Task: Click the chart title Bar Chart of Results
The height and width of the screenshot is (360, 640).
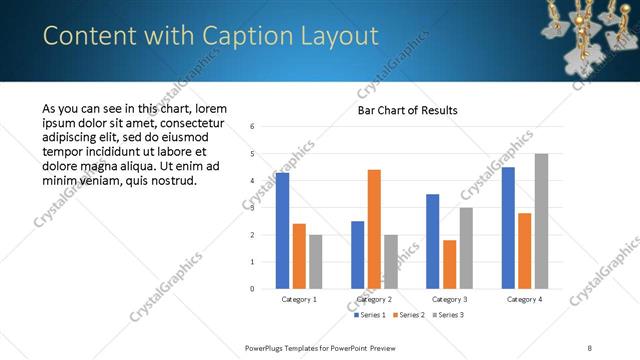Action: [409, 110]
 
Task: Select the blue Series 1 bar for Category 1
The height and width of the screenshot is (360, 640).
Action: [282, 231]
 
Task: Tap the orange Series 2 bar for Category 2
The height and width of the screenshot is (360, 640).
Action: [374, 229]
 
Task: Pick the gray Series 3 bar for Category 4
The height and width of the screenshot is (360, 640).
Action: [541, 221]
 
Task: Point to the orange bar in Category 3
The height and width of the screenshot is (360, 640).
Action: [449, 264]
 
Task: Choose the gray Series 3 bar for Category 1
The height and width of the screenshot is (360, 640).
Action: [315, 262]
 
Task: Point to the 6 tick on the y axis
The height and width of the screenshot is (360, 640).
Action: [253, 127]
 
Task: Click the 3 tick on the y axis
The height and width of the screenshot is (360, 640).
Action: [253, 208]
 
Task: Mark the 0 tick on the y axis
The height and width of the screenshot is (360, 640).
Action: [253, 289]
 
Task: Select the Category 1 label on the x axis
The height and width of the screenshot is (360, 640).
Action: [299, 299]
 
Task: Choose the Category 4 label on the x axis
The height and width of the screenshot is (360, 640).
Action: [525, 299]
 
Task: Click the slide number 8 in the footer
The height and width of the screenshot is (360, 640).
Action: [590, 347]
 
